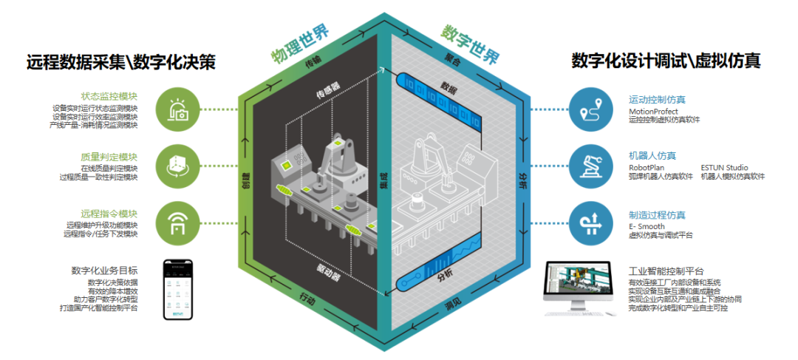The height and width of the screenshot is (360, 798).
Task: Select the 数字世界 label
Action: (x=470, y=45)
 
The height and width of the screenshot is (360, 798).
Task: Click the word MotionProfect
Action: (x=652, y=111)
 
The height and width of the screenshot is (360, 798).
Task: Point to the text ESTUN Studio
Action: (x=724, y=168)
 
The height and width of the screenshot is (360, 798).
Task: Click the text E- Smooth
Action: (x=647, y=226)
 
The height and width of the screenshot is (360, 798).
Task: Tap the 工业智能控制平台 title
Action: (x=666, y=271)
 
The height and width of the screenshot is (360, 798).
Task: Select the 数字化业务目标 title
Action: (x=104, y=271)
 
